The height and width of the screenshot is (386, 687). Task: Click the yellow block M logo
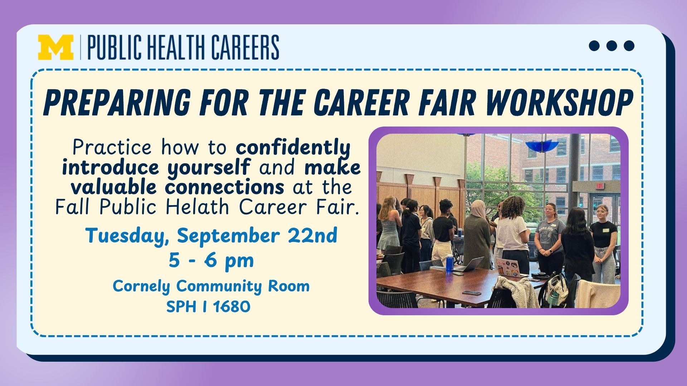(56, 47)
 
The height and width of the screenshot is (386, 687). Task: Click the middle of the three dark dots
(612, 46)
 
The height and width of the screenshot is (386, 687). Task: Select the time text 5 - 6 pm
(211, 261)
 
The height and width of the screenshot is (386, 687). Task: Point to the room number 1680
(232, 307)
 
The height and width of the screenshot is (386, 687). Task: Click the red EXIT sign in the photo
(600, 186)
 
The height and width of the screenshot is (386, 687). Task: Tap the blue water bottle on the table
(450, 264)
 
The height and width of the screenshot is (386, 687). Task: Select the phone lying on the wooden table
(472, 293)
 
